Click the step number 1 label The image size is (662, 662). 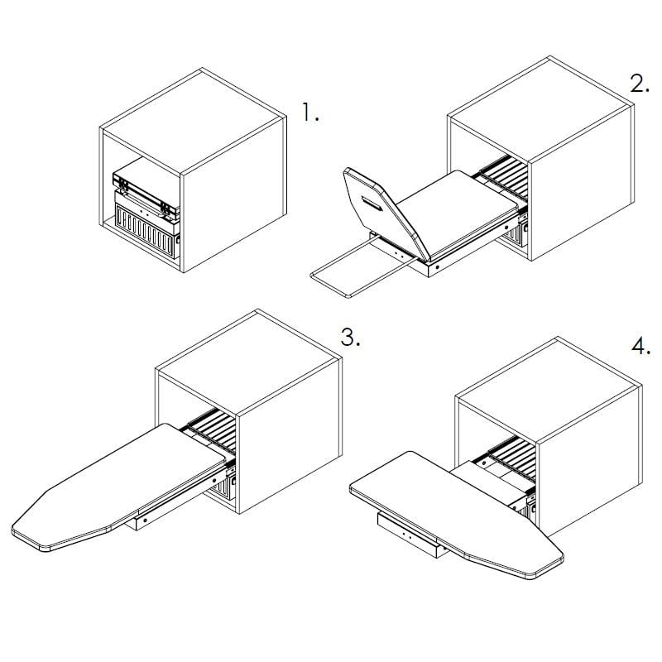coord(310,113)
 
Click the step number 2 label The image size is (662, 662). coord(639,84)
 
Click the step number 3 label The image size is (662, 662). coord(350,338)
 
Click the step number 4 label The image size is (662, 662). coord(640,346)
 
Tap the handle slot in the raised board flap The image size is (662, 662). coord(372,203)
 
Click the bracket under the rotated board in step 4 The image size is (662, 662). coord(411,535)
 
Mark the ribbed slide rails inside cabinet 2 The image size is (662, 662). coord(505,176)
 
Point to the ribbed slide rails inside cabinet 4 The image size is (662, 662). coord(513,459)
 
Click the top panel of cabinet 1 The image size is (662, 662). coord(192,122)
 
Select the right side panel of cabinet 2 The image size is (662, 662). coord(582,182)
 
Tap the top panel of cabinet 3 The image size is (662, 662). coord(248,364)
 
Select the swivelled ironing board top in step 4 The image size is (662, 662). coord(457,514)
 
